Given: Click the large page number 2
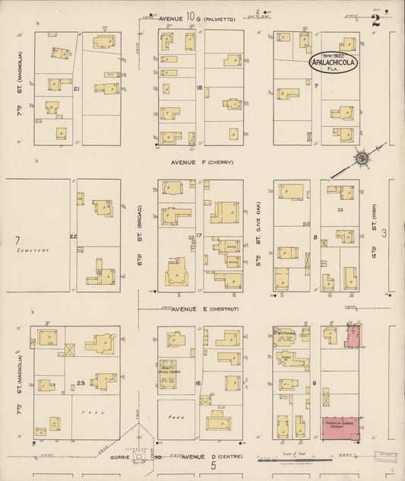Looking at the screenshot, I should (376, 21).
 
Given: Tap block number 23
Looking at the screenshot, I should (81, 382).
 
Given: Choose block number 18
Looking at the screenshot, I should (199, 88).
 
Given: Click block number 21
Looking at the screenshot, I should (76, 89).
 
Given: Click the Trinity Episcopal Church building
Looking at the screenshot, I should (167, 374).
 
